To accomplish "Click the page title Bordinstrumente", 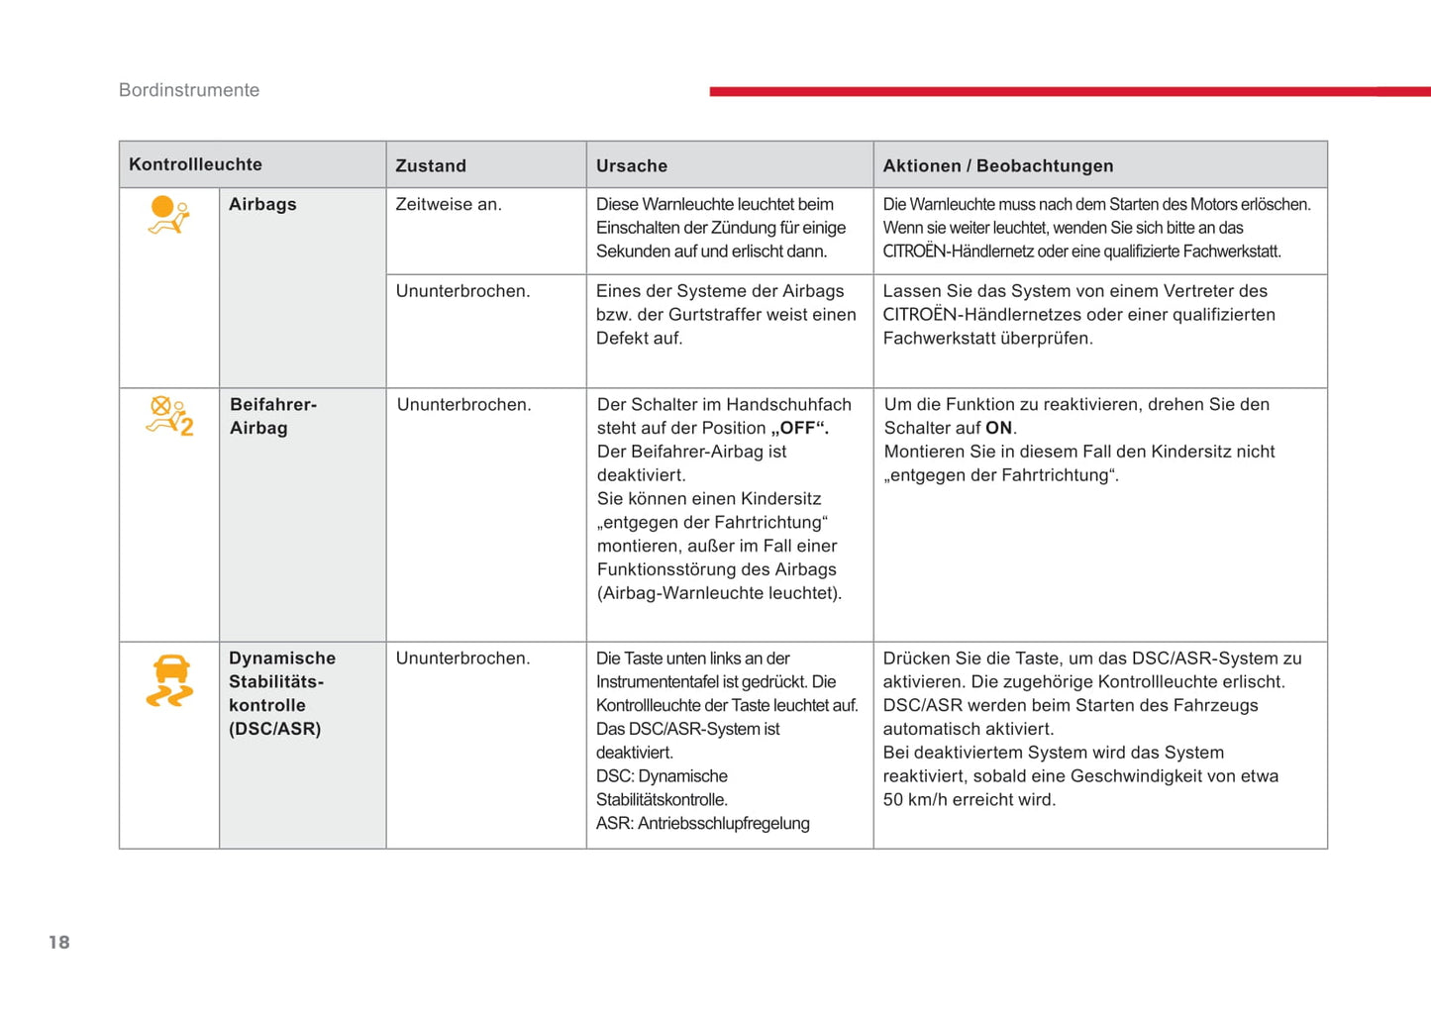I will (x=189, y=90).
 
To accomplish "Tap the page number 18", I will (x=59, y=942).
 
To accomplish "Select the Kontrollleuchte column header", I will (x=195, y=164).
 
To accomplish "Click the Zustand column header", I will (x=431, y=165).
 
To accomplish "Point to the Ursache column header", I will (x=632, y=165).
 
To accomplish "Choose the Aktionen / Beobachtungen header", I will (x=997, y=165).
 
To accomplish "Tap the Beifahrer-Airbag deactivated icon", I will (x=169, y=416).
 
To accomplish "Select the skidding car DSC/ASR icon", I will (x=170, y=681).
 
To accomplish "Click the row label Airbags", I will (x=262, y=204).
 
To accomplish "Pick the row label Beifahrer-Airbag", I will (x=272, y=416).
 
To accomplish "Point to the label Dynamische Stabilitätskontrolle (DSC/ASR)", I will (x=281, y=693).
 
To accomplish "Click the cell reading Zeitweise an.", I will (x=449, y=204).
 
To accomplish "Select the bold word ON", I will (x=998, y=428).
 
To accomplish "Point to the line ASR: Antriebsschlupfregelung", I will (x=702, y=823).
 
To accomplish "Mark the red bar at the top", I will (x=1070, y=91).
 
